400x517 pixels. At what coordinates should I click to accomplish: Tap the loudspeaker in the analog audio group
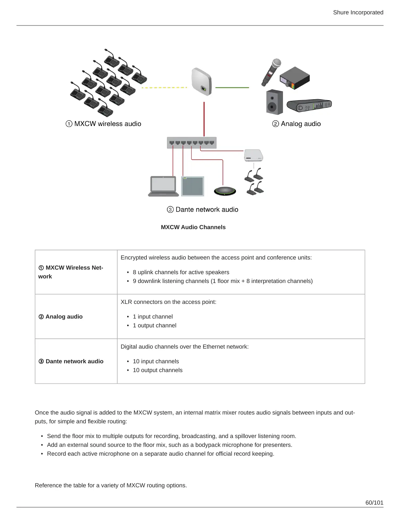pyautogui.click(x=275, y=102)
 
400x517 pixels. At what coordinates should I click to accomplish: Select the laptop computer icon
pyautogui.click(x=163, y=186)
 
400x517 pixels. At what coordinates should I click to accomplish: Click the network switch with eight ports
pyautogui.click(x=192, y=143)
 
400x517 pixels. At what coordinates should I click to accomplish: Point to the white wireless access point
pyautogui.click(x=201, y=82)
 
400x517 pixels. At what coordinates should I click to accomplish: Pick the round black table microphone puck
pyautogui.click(x=225, y=191)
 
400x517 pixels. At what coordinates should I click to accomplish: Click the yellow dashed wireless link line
pyautogui.click(x=164, y=87)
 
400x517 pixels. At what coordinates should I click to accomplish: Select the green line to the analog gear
pyautogui.click(x=232, y=87)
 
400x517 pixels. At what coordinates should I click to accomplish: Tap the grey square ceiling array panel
pyautogui.click(x=193, y=186)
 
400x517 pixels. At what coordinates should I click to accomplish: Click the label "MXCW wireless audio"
pyautogui.click(x=104, y=124)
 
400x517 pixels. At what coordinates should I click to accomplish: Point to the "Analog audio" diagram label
pyautogui.click(x=297, y=124)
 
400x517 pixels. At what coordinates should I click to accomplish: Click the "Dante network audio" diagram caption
pyautogui.click(x=203, y=210)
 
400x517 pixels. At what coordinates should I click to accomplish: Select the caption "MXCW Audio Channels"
pyautogui.click(x=193, y=227)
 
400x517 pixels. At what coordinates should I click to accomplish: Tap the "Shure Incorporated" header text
pyautogui.click(x=358, y=12)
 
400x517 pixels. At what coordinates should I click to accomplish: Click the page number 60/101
pyautogui.click(x=374, y=503)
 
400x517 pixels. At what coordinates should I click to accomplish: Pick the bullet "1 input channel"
pyautogui.click(x=153, y=317)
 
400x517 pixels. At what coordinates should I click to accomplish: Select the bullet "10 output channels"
pyautogui.click(x=158, y=370)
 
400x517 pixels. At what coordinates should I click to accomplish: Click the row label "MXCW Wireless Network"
pyautogui.click(x=71, y=272)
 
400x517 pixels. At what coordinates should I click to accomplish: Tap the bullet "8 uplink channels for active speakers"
pyautogui.click(x=181, y=272)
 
